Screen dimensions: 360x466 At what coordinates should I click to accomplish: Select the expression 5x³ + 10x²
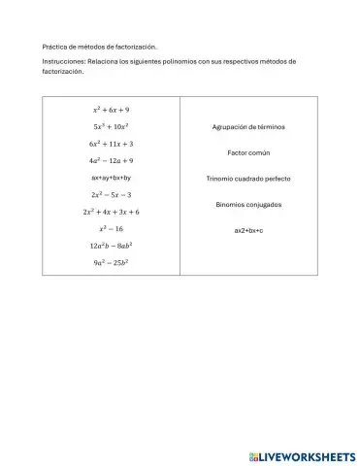click(112, 126)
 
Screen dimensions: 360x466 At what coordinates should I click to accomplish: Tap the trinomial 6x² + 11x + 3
click(112, 144)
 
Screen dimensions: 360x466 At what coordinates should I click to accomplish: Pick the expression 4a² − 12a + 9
click(112, 160)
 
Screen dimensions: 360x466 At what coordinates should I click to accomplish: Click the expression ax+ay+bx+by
click(112, 178)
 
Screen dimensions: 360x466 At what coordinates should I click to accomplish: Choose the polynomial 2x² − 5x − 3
click(112, 195)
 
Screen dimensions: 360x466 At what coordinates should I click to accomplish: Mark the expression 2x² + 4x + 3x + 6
click(112, 212)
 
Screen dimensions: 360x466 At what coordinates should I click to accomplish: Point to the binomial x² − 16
click(112, 229)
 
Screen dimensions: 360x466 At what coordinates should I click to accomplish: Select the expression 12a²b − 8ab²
click(112, 246)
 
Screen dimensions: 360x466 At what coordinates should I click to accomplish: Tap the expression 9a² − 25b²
click(112, 263)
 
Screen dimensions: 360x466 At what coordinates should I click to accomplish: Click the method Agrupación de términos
click(248, 127)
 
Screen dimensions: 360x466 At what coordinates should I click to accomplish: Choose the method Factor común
click(248, 153)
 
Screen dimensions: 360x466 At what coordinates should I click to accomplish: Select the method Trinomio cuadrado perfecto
click(248, 179)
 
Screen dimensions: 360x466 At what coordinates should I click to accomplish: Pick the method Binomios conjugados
click(248, 205)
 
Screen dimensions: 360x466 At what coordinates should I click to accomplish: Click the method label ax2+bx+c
click(248, 230)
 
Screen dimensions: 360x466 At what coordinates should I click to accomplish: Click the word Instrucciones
click(63, 61)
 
